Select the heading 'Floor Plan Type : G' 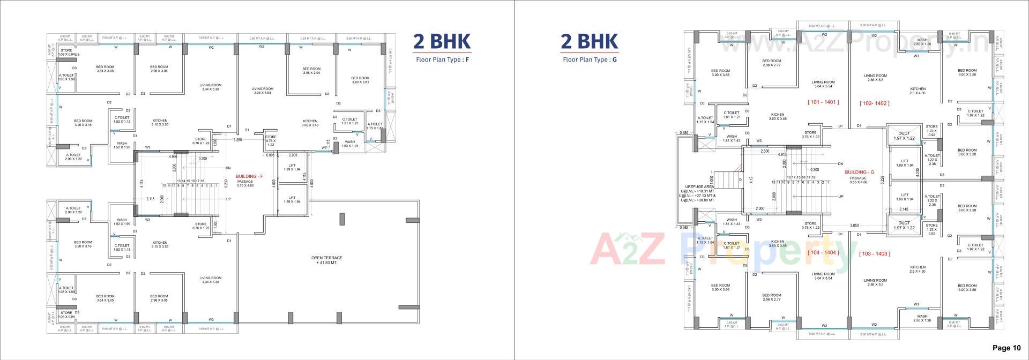[x=590, y=59]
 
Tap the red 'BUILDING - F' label [x=249, y=176]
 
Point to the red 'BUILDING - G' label [x=859, y=172]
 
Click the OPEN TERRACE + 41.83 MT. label [x=326, y=260]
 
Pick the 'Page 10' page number [x=1006, y=348]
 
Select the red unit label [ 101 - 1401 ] [x=823, y=102]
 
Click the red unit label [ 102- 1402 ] [x=874, y=103]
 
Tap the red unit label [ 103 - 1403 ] [x=874, y=254]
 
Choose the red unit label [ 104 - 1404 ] [x=823, y=252]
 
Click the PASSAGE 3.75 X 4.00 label [x=245, y=184]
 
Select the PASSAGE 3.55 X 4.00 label [x=858, y=180]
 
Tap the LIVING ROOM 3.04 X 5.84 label [x=262, y=91]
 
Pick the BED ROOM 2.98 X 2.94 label [x=311, y=71]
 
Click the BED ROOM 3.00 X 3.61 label [x=360, y=80]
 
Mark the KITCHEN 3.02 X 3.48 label [x=310, y=123]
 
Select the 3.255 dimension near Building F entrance [x=237, y=140]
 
